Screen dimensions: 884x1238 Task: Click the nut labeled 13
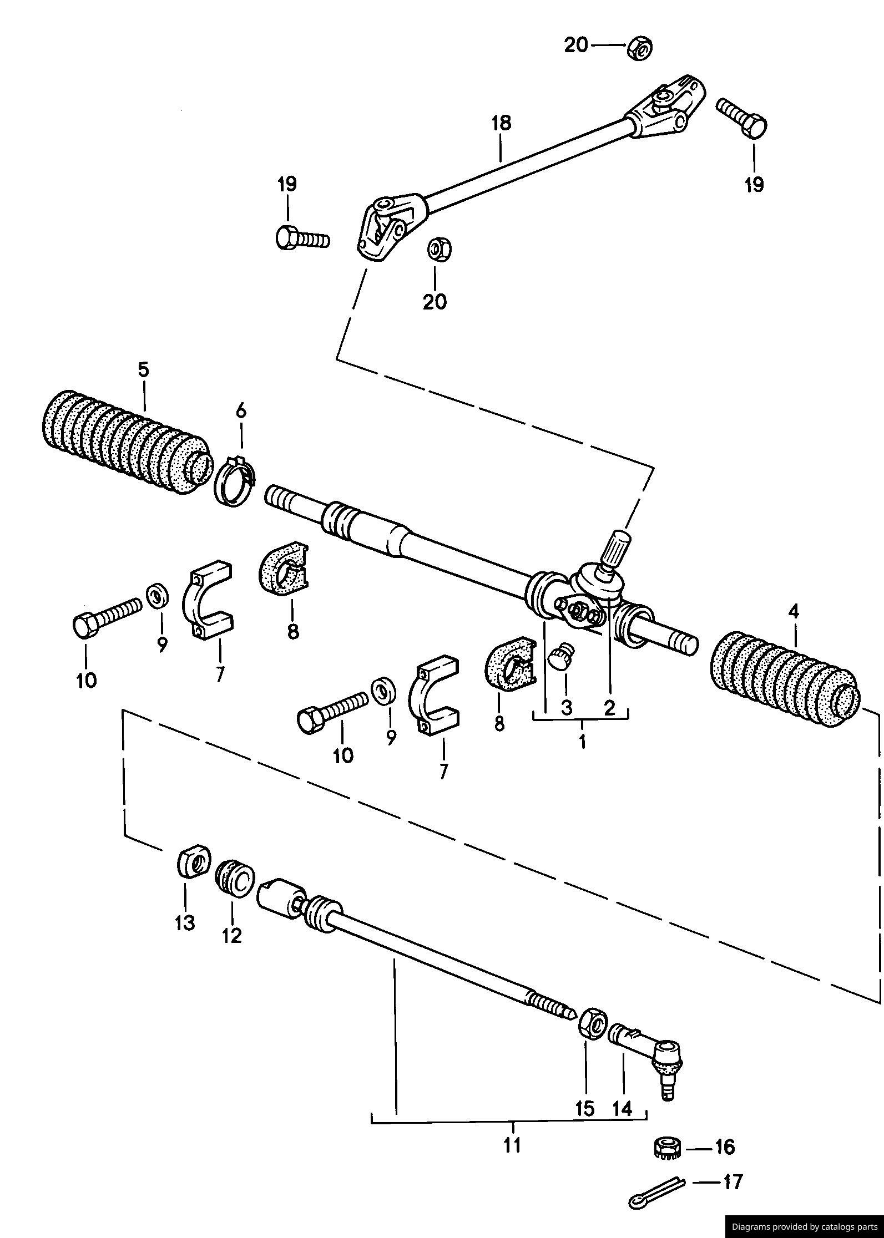[x=194, y=862]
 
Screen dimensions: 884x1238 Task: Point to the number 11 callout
[x=512, y=1144]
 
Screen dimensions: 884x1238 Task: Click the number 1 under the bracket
[x=583, y=742]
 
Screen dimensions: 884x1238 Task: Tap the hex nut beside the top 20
[x=640, y=48]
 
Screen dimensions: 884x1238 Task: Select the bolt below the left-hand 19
[x=302, y=239]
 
